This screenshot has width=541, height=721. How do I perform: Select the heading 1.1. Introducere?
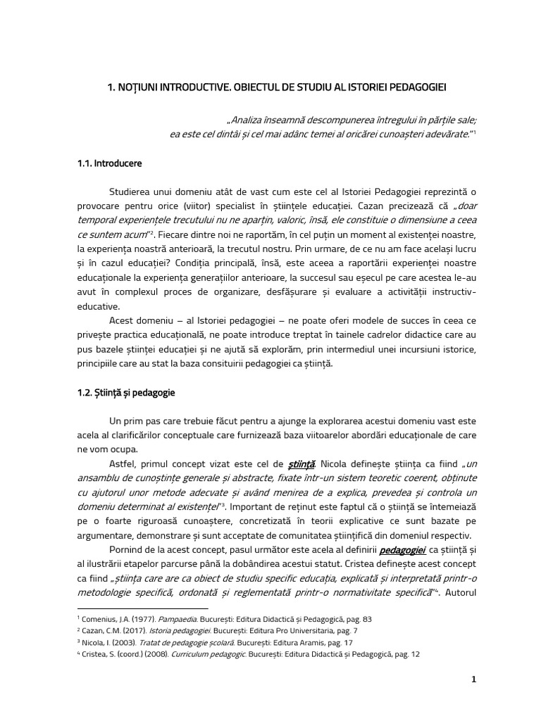click(x=109, y=163)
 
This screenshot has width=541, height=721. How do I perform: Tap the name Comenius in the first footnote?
click(x=101, y=618)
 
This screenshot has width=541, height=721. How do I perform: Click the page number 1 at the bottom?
click(x=474, y=679)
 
